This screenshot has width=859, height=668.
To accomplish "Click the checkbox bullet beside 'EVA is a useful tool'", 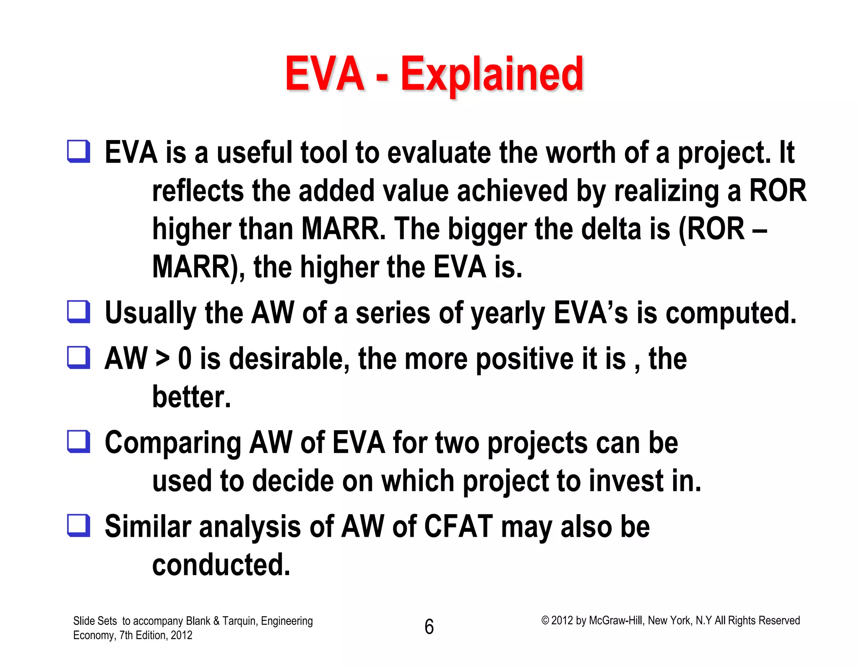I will (79, 151).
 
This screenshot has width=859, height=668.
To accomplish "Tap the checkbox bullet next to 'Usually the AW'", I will (79, 312).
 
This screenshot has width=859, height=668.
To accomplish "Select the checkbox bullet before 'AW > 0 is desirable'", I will (79, 358).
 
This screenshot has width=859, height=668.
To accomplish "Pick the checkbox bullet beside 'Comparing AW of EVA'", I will (79, 442).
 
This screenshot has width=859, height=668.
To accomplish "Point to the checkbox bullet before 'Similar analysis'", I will (79, 525).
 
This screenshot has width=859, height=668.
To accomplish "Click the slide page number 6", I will (429, 627).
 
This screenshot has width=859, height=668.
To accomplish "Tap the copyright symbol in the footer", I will (545, 621).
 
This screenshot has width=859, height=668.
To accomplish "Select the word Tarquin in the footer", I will (238, 621).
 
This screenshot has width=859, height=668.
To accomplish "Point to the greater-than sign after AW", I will (162, 359).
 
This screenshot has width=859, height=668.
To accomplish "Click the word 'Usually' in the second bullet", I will (150, 313).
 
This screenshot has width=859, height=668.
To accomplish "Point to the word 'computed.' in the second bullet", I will (731, 313).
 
